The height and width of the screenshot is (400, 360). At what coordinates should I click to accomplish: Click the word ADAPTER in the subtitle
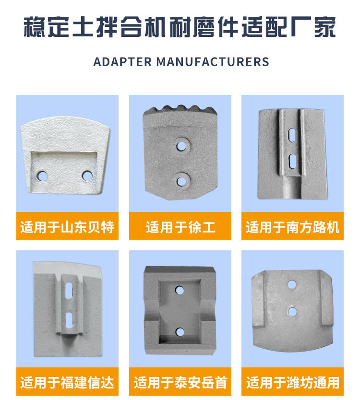coord(122,62)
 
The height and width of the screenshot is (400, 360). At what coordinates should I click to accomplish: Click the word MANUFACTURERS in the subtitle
coord(213,62)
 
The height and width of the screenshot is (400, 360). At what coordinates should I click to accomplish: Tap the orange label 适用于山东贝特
coord(67,226)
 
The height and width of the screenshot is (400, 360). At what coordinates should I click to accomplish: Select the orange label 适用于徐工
coord(180,226)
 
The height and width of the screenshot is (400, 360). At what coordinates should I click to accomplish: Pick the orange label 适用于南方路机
coord(292,226)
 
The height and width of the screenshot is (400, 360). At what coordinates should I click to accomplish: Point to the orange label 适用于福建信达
coord(67,382)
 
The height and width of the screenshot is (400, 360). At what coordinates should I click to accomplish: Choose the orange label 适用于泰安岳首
coord(180,382)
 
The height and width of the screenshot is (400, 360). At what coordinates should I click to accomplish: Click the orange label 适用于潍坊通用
coord(292,382)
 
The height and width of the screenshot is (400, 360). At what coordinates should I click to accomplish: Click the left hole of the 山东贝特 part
coord(42,176)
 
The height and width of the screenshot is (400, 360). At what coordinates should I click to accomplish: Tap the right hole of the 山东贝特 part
coord(87,176)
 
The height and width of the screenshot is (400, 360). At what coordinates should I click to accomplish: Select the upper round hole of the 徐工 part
coord(181,146)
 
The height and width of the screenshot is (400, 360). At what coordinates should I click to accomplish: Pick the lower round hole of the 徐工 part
coord(181,181)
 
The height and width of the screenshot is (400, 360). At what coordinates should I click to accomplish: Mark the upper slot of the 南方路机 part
coord(291,134)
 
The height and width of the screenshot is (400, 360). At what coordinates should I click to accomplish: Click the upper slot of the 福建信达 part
coord(69,290)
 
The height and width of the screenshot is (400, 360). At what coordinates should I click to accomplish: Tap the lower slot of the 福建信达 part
coord(69,320)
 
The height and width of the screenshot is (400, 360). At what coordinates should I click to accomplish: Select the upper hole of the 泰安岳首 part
coord(180,290)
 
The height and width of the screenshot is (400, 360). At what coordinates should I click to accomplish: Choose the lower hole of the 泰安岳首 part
coord(180,332)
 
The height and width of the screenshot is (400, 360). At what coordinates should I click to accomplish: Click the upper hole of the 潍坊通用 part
coord(291,285)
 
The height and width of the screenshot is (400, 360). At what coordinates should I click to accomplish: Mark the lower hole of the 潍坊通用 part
coord(292,311)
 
